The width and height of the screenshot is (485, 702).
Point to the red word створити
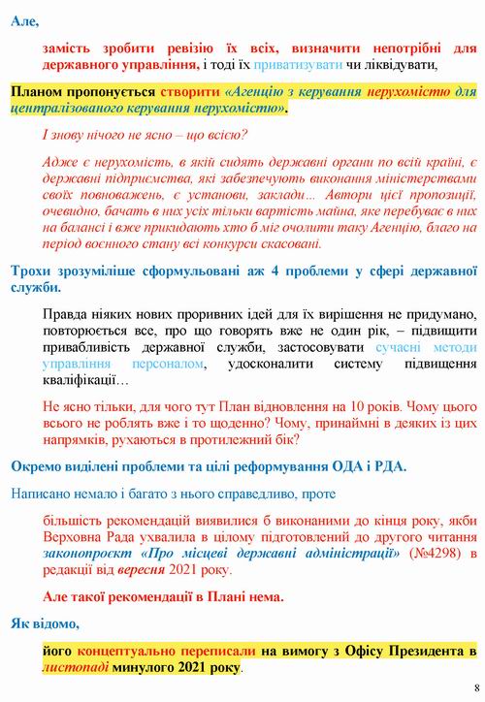[191, 90]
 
